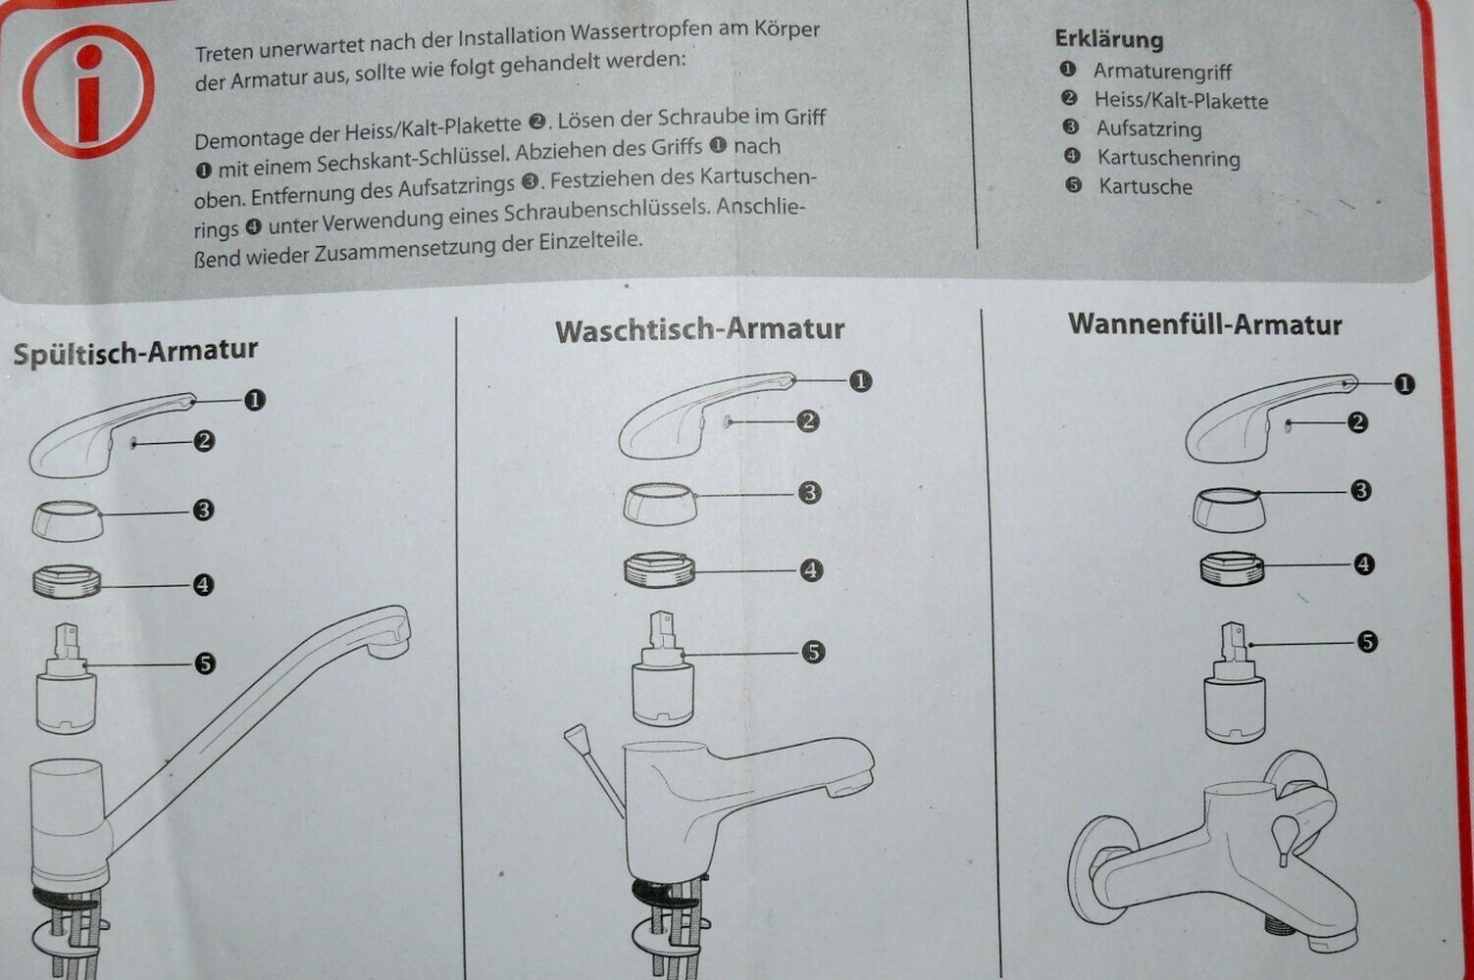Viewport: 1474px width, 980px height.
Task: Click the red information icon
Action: pos(87,91)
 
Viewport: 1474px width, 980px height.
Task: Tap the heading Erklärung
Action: pos(1109,39)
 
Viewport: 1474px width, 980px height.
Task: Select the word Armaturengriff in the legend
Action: pos(1162,71)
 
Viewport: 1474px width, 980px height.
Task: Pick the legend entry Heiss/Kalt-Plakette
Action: pos(1181,100)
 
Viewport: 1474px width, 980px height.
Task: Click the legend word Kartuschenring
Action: pos(1169,158)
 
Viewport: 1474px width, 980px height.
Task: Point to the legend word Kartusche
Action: pos(1145,186)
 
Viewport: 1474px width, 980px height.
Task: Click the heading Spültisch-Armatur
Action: pos(135,352)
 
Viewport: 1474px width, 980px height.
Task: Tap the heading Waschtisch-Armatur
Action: pos(699,329)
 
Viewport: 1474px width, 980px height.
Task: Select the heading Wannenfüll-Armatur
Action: pos(1205,324)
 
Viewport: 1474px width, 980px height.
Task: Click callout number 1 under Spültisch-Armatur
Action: pos(255,399)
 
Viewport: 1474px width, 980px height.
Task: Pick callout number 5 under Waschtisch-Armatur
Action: pos(813,652)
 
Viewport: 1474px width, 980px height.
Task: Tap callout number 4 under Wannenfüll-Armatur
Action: pos(1363,563)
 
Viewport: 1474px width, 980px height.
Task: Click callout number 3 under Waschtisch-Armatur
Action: pos(809,493)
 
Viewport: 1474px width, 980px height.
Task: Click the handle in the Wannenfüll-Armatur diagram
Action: pos(1270,419)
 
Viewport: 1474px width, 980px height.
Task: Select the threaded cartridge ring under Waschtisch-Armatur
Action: pos(659,569)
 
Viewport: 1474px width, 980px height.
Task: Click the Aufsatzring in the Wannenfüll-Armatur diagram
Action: pos(1229,510)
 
